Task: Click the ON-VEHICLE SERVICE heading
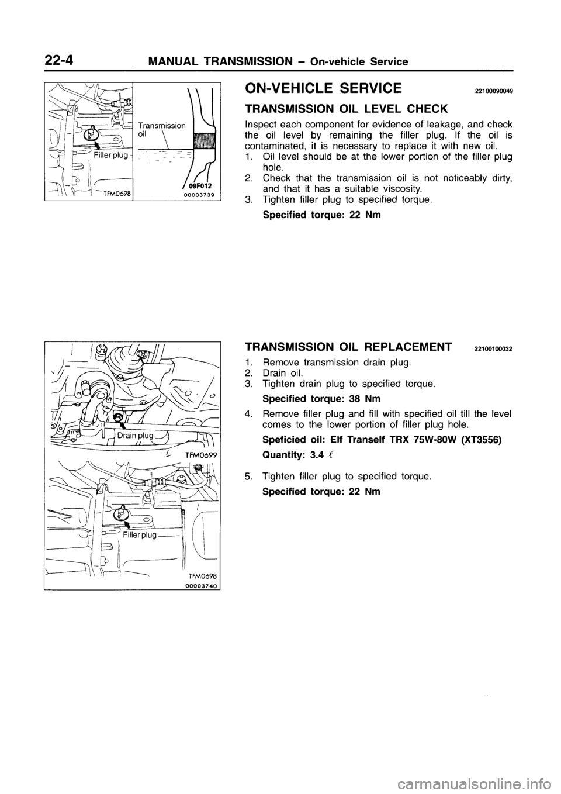click(323, 88)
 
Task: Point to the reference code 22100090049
click(493, 91)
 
